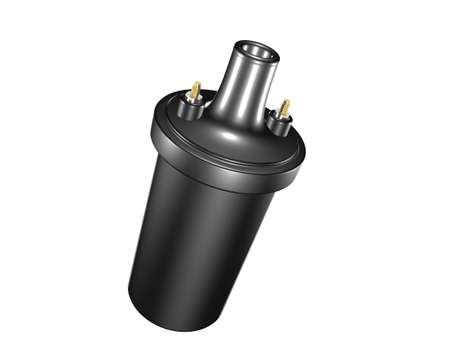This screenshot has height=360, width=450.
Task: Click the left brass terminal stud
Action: click(x=196, y=91)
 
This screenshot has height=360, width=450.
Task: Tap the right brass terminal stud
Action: click(x=284, y=108)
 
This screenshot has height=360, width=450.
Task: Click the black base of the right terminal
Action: click(x=280, y=126)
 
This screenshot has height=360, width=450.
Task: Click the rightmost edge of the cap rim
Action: click(x=305, y=157)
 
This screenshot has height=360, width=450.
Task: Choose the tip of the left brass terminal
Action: click(x=197, y=84)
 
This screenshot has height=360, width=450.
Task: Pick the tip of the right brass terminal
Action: click(x=286, y=101)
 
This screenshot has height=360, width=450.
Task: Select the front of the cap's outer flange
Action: click(x=220, y=160)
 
